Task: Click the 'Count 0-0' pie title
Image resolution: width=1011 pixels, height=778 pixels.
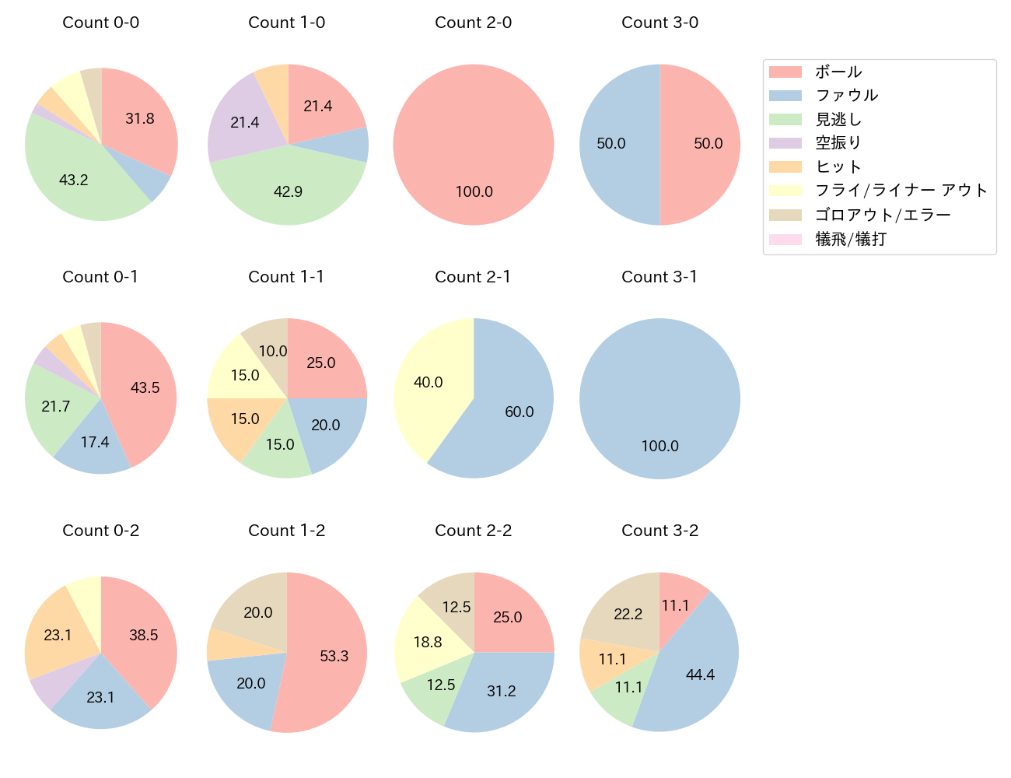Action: pyautogui.click(x=101, y=23)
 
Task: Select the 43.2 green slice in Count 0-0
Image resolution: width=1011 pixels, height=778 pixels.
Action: pyautogui.click(x=74, y=180)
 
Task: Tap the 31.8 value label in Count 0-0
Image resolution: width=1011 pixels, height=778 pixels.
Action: pyautogui.click(x=140, y=118)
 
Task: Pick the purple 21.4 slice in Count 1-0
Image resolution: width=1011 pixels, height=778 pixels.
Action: pyautogui.click(x=244, y=122)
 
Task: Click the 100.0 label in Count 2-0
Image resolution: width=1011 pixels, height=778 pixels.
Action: pyautogui.click(x=474, y=191)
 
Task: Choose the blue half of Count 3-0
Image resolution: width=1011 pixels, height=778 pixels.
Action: pyautogui.click(x=611, y=144)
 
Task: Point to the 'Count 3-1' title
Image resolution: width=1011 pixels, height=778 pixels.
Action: pyautogui.click(x=659, y=277)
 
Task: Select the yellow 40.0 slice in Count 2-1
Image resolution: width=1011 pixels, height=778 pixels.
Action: pyautogui.click(x=429, y=382)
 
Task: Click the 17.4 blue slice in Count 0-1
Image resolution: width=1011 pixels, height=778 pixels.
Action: pyautogui.click(x=95, y=442)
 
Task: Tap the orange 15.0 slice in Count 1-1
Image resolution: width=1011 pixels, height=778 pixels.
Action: pyautogui.click(x=244, y=419)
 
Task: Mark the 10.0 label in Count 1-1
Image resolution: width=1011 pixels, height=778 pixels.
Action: pyautogui.click(x=273, y=351)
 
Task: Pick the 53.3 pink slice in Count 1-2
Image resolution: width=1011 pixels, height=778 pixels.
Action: pyautogui.click(x=334, y=656)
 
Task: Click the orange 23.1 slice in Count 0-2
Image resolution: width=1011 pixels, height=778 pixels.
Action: pyautogui.click(x=58, y=635)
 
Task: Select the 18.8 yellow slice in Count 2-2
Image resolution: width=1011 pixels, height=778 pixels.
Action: pyautogui.click(x=428, y=642)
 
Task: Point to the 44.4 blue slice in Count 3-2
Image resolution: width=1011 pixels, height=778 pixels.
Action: pyautogui.click(x=700, y=675)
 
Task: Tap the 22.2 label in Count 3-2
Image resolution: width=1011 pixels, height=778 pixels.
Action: pyautogui.click(x=628, y=614)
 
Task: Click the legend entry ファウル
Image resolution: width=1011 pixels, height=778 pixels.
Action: pyautogui.click(x=846, y=96)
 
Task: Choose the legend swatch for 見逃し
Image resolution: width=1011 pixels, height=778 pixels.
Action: pyautogui.click(x=785, y=120)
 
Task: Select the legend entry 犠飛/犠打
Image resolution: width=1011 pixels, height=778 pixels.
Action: pyautogui.click(x=851, y=239)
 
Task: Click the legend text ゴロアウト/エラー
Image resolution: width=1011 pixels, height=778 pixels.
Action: pyautogui.click(x=883, y=215)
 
